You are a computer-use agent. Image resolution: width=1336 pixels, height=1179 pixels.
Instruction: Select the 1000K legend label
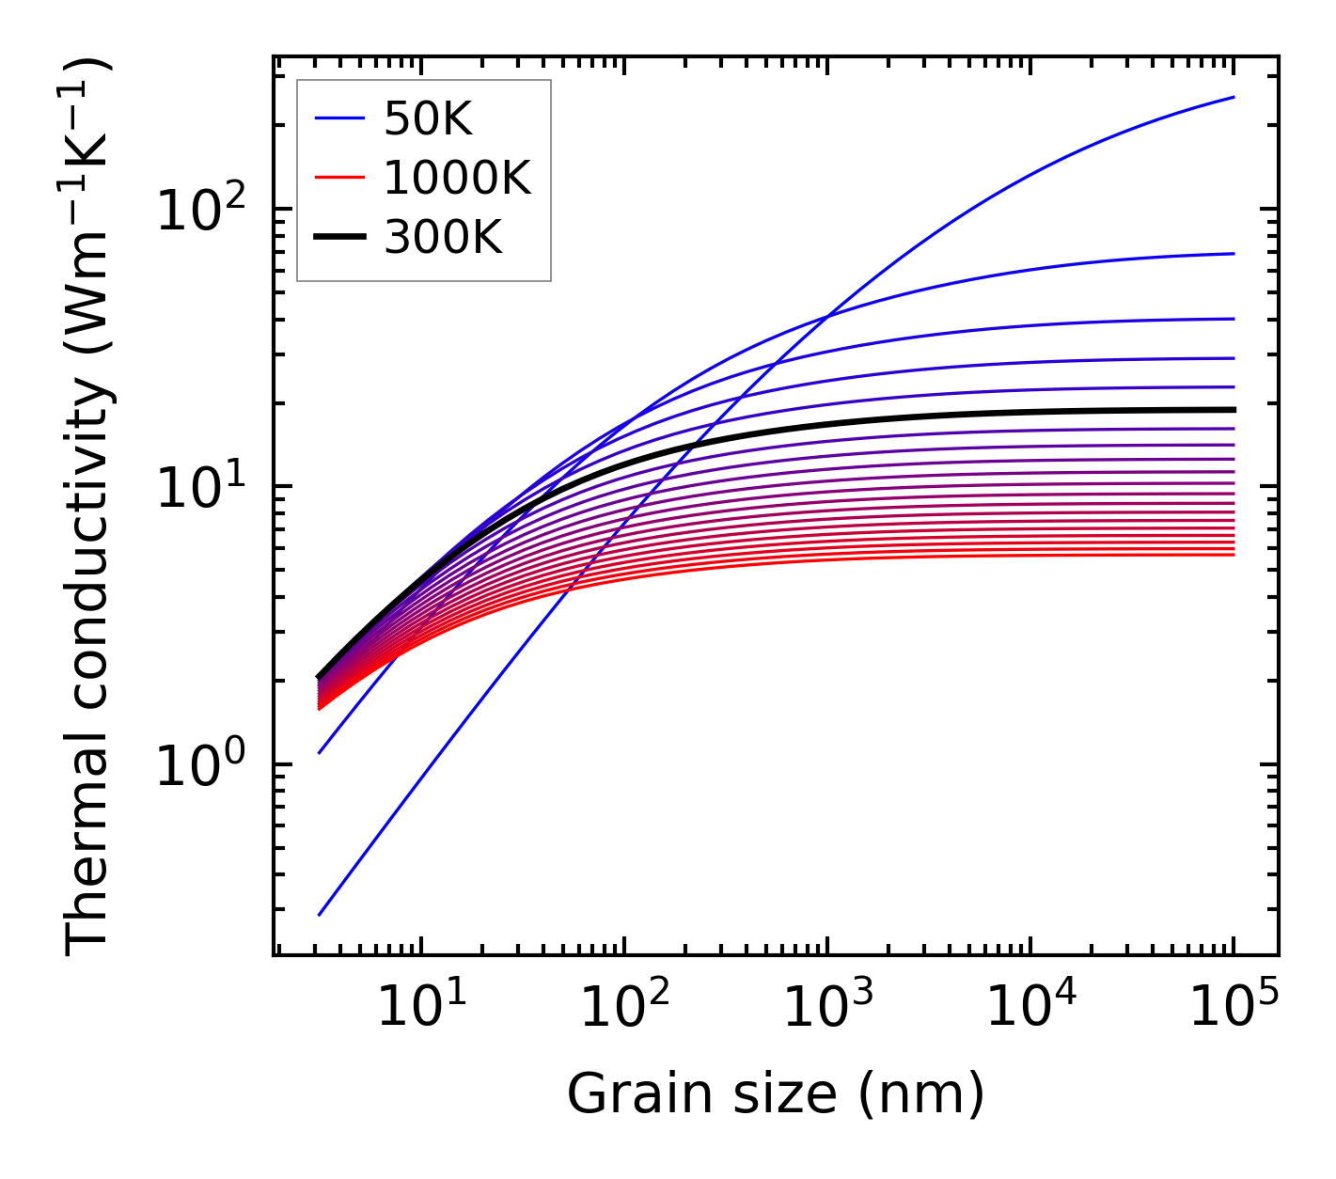pyautogui.click(x=458, y=178)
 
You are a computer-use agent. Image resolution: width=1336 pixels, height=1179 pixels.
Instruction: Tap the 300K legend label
pyautogui.click(x=443, y=238)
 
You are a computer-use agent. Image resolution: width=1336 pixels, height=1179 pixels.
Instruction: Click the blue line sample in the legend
pyautogui.click(x=338, y=118)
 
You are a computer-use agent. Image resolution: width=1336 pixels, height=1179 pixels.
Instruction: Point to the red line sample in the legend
pyautogui.click(x=338, y=178)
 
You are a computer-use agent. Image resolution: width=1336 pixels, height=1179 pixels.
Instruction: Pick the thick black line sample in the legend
pyautogui.click(x=338, y=238)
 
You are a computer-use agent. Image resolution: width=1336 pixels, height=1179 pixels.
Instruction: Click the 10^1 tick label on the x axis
pyautogui.click(x=420, y=1009)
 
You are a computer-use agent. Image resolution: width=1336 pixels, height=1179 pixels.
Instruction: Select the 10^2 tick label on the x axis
pyautogui.click(x=623, y=1009)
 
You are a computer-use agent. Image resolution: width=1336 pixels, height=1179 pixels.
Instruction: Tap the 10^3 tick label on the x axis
pyautogui.click(x=827, y=1009)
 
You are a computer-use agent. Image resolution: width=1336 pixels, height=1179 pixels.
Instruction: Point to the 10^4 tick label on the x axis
pyautogui.click(x=1030, y=1009)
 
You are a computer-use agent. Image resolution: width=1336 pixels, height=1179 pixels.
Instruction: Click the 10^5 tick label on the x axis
pyautogui.click(x=1234, y=1009)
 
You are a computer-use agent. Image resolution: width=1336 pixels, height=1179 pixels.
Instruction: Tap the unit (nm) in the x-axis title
pyautogui.click(x=922, y=1093)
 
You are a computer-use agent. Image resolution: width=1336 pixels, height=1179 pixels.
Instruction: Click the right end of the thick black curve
pyautogui.click(x=1233, y=410)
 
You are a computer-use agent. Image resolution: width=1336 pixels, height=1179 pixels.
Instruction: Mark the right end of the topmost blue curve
pyautogui.click(x=1233, y=97)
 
